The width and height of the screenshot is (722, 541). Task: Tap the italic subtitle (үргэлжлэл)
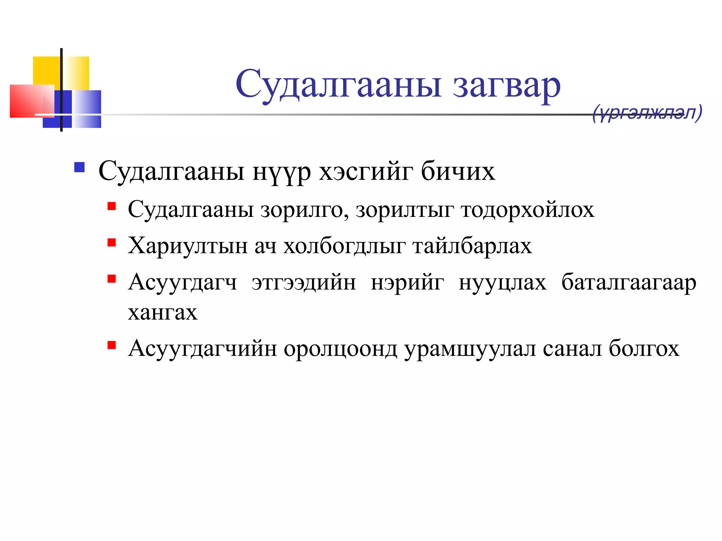pyautogui.click(x=647, y=113)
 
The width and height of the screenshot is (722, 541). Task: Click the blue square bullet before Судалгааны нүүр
pyautogui.click(x=80, y=167)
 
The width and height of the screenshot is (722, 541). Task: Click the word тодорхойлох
pyautogui.click(x=527, y=210)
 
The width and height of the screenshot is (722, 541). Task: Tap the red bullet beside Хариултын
pyautogui.click(x=112, y=242)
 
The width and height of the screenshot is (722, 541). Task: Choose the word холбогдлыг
pyautogui.click(x=344, y=246)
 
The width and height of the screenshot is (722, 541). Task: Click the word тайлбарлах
pyautogui.click(x=472, y=246)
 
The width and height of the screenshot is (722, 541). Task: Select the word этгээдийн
pyautogui.click(x=304, y=282)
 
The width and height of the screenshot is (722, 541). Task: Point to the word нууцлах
pyautogui.click(x=502, y=282)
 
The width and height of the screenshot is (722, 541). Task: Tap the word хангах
pyautogui.click(x=163, y=312)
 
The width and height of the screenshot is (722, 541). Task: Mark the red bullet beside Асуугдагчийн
pyautogui.click(x=112, y=345)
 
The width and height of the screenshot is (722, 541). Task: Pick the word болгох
pyautogui.click(x=644, y=349)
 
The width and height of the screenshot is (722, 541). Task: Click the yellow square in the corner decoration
pyautogui.click(x=47, y=70)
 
